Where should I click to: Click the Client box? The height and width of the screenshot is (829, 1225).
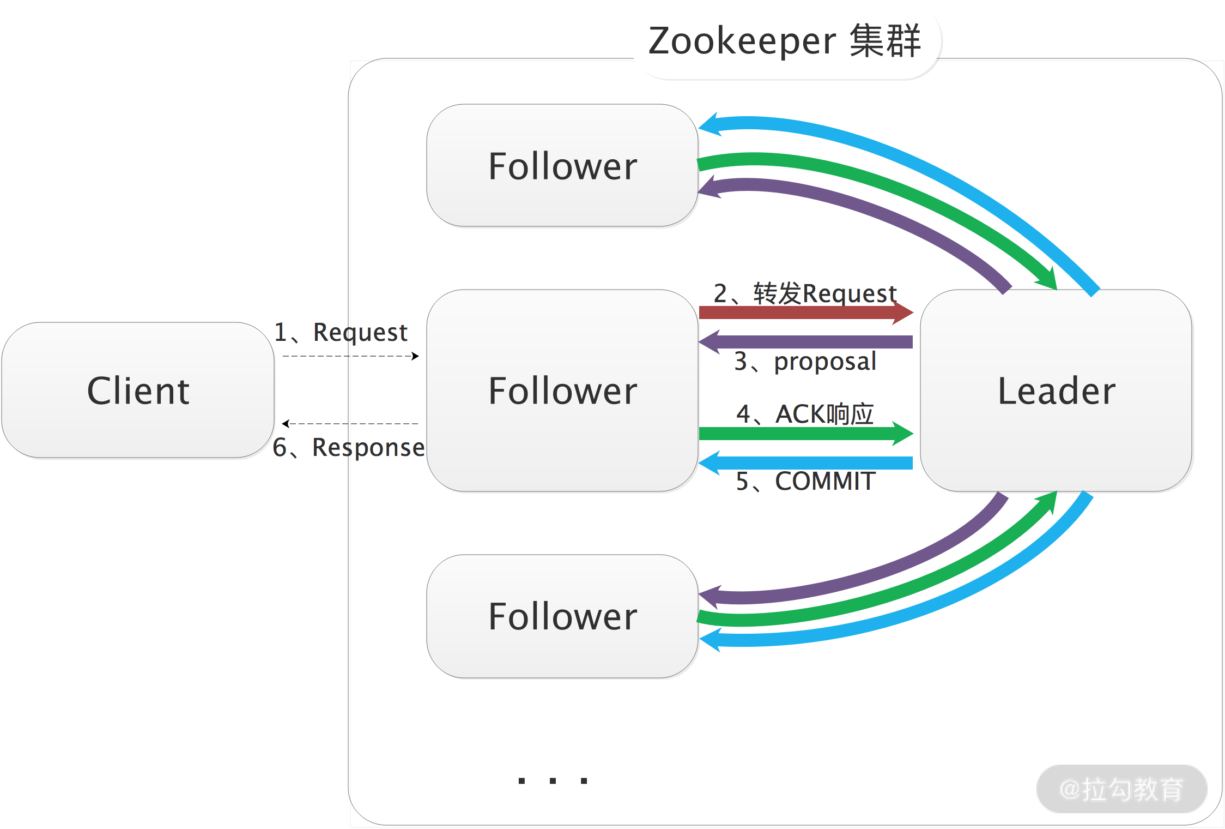click(138, 390)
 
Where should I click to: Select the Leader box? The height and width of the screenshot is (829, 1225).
click(1056, 391)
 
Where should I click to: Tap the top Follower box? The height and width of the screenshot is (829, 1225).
click(562, 166)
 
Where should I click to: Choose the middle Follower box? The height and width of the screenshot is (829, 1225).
click(562, 391)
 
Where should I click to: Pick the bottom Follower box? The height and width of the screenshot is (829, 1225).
click(562, 616)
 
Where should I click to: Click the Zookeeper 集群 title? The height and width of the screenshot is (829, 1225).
click(784, 41)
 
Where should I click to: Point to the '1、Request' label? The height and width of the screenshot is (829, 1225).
click(341, 332)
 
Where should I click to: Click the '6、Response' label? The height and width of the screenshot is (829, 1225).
click(349, 447)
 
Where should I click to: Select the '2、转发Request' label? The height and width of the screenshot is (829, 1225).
click(805, 293)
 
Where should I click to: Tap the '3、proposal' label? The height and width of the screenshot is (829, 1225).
click(805, 361)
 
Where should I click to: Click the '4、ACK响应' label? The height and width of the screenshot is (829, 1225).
click(805, 414)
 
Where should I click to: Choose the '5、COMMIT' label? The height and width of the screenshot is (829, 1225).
click(805, 481)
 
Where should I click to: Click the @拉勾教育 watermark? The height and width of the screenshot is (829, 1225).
click(1121, 789)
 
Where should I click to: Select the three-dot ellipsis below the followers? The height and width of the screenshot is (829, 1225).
click(553, 780)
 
